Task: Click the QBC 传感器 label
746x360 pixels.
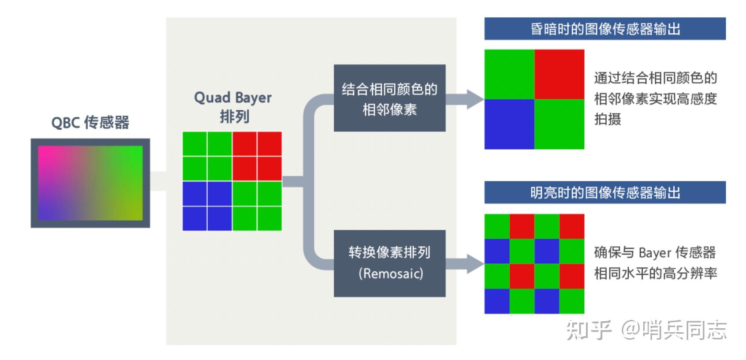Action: pyautogui.click(x=90, y=122)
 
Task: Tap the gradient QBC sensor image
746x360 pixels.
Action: pyautogui.click(x=90, y=183)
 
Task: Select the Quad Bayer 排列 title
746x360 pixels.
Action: pyautogui.click(x=233, y=107)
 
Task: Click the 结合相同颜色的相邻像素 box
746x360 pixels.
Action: pyautogui.click(x=389, y=98)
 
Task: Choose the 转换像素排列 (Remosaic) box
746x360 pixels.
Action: pyautogui.click(x=389, y=263)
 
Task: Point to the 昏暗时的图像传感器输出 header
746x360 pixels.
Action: pyautogui.click(x=604, y=29)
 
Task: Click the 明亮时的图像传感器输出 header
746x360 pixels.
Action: pyautogui.click(x=604, y=193)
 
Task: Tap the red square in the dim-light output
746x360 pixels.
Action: pyautogui.click(x=559, y=74)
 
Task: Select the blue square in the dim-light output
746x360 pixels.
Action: pyautogui.click(x=509, y=124)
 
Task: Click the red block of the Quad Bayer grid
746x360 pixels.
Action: pyautogui.click(x=257, y=156)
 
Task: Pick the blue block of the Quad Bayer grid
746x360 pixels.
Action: pyautogui.click(x=207, y=206)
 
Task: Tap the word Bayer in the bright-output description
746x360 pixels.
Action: pyautogui.click(x=654, y=253)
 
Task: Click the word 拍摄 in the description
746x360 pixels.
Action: pyautogui.click(x=608, y=119)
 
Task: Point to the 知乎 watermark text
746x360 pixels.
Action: pyautogui.click(x=589, y=330)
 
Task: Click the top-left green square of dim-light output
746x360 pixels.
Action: pyautogui.click(x=509, y=74)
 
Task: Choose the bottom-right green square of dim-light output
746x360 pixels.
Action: pyautogui.click(x=559, y=124)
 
